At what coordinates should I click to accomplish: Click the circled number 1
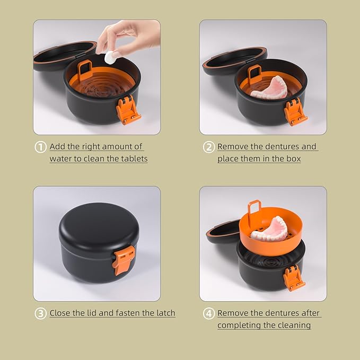[41, 147]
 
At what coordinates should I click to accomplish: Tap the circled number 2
[209, 147]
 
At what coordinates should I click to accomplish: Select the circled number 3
[41, 313]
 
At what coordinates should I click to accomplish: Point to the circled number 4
[209, 313]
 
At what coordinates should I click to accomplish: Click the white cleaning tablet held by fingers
[110, 58]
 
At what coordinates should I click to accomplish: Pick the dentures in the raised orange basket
[269, 229]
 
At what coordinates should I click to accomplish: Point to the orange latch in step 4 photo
[294, 277]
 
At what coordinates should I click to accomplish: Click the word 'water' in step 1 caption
[61, 159]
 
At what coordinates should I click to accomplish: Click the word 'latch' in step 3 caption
[164, 313]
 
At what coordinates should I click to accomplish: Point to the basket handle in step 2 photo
[254, 74]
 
